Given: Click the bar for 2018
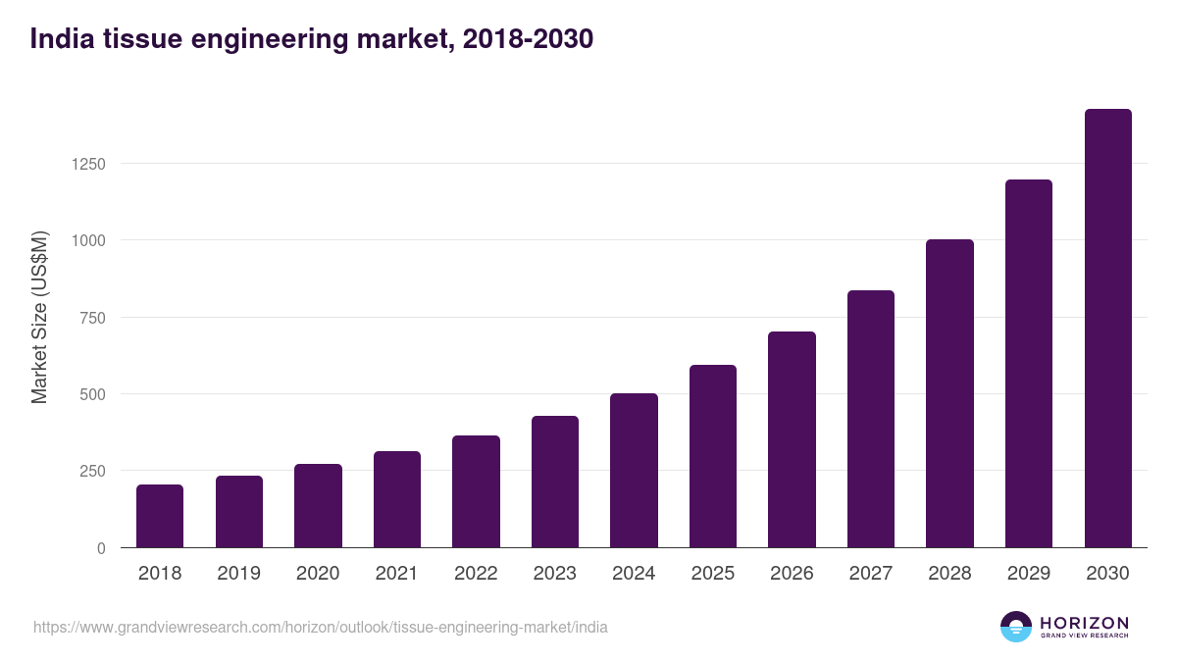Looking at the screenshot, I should coord(160,516).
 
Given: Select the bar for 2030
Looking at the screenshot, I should coord(1107,329).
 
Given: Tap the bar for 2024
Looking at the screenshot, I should coord(634,471).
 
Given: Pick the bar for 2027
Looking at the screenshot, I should coord(871,419).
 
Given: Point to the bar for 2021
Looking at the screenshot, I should coord(397,499).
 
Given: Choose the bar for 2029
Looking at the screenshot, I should coord(1029,364).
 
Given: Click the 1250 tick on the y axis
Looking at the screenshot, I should coord(86,164).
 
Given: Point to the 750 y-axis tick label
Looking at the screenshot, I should coord(91,318).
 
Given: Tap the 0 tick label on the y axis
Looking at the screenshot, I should coord(100,548).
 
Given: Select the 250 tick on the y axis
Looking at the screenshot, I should coord(91,472).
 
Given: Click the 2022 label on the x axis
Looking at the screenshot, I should coord(476,574).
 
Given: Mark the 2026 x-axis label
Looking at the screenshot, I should coord(792,574).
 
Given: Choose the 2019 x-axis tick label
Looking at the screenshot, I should coord(238,574).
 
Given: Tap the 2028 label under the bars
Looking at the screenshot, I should coord(949,574).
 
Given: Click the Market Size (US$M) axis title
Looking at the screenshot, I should coord(39,316).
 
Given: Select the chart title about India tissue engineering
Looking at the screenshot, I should coord(312,39).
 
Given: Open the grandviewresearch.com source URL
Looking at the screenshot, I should coord(321,627).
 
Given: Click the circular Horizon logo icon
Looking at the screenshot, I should coord(1016,627).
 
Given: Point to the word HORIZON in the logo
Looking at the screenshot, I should coord(1084,623).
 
